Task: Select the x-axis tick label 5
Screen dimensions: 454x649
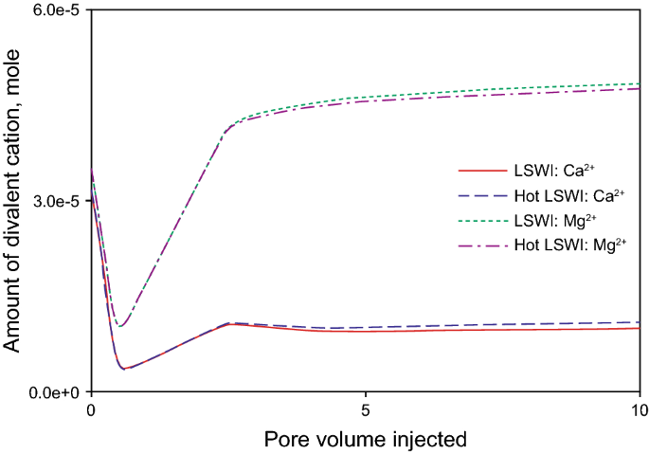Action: [366, 411]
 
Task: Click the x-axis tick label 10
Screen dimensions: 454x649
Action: [640, 411]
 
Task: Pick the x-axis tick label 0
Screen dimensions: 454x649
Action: [91, 411]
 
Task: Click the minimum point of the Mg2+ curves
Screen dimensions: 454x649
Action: [119, 327]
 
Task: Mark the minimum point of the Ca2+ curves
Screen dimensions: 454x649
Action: [123, 369]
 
